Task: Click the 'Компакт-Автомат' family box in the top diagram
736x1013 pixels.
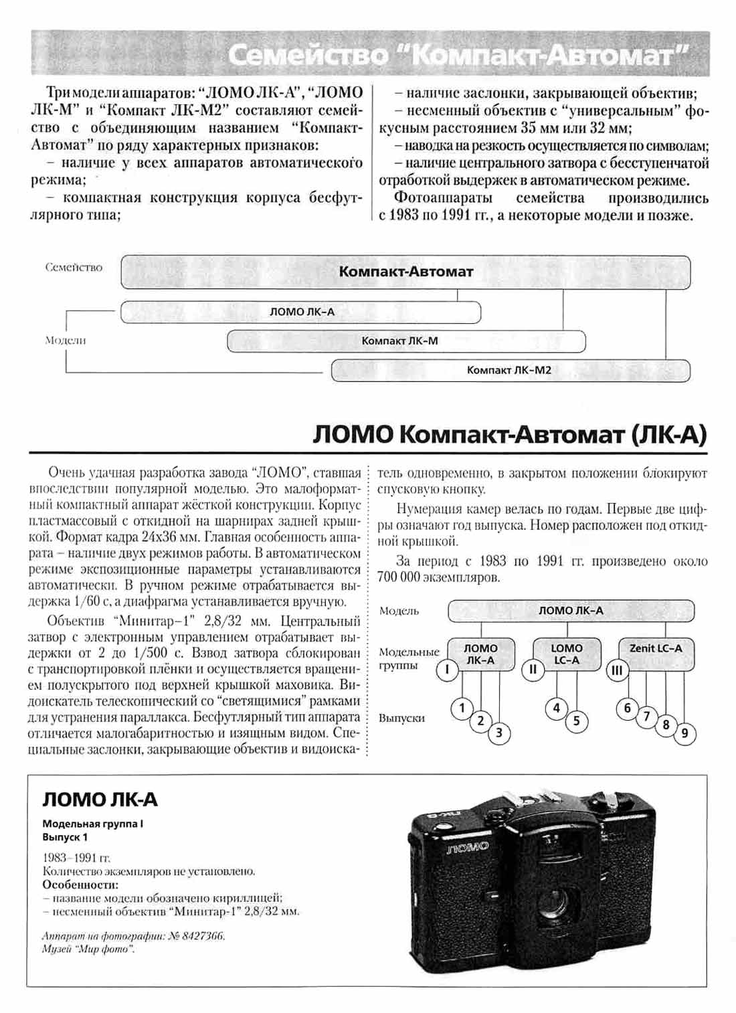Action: [x=405, y=272]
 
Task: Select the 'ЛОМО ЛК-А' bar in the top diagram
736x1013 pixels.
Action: [x=301, y=312]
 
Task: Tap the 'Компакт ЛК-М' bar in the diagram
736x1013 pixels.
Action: [x=406, y=341]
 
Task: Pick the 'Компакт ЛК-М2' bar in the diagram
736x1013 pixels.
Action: [x=510, y=370]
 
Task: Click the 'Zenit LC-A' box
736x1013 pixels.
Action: [x=656, y=654]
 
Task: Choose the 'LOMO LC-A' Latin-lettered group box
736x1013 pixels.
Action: [x=567, y=654]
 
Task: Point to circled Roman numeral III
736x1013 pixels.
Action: [x=617, y=670]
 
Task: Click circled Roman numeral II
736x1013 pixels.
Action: [x=533, y=669]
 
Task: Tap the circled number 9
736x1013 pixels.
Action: [x=684, y=733]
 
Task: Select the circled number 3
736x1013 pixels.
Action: [x=499, y=733]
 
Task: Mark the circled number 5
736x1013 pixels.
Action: [x=576, y=721]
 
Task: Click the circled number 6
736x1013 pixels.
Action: [x=627, y=708]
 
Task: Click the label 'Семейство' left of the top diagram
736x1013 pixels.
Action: [x=74, y=268]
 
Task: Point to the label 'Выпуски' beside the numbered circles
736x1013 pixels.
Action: [x=401, y=718]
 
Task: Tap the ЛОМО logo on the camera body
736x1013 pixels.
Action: [x=468, y=847]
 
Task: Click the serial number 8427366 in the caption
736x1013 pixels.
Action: [x=205, y=936]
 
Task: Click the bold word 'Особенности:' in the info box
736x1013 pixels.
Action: [x=71, y=885]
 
